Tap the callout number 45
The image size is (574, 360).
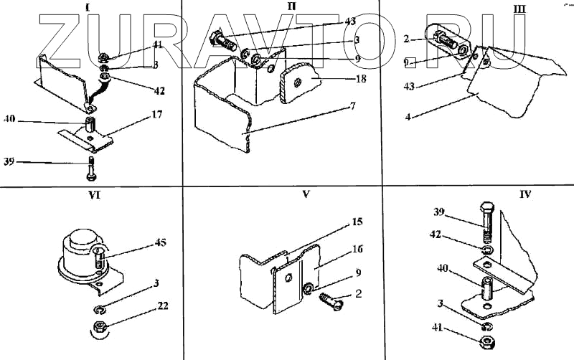159,243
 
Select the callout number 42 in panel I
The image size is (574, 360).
158,91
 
